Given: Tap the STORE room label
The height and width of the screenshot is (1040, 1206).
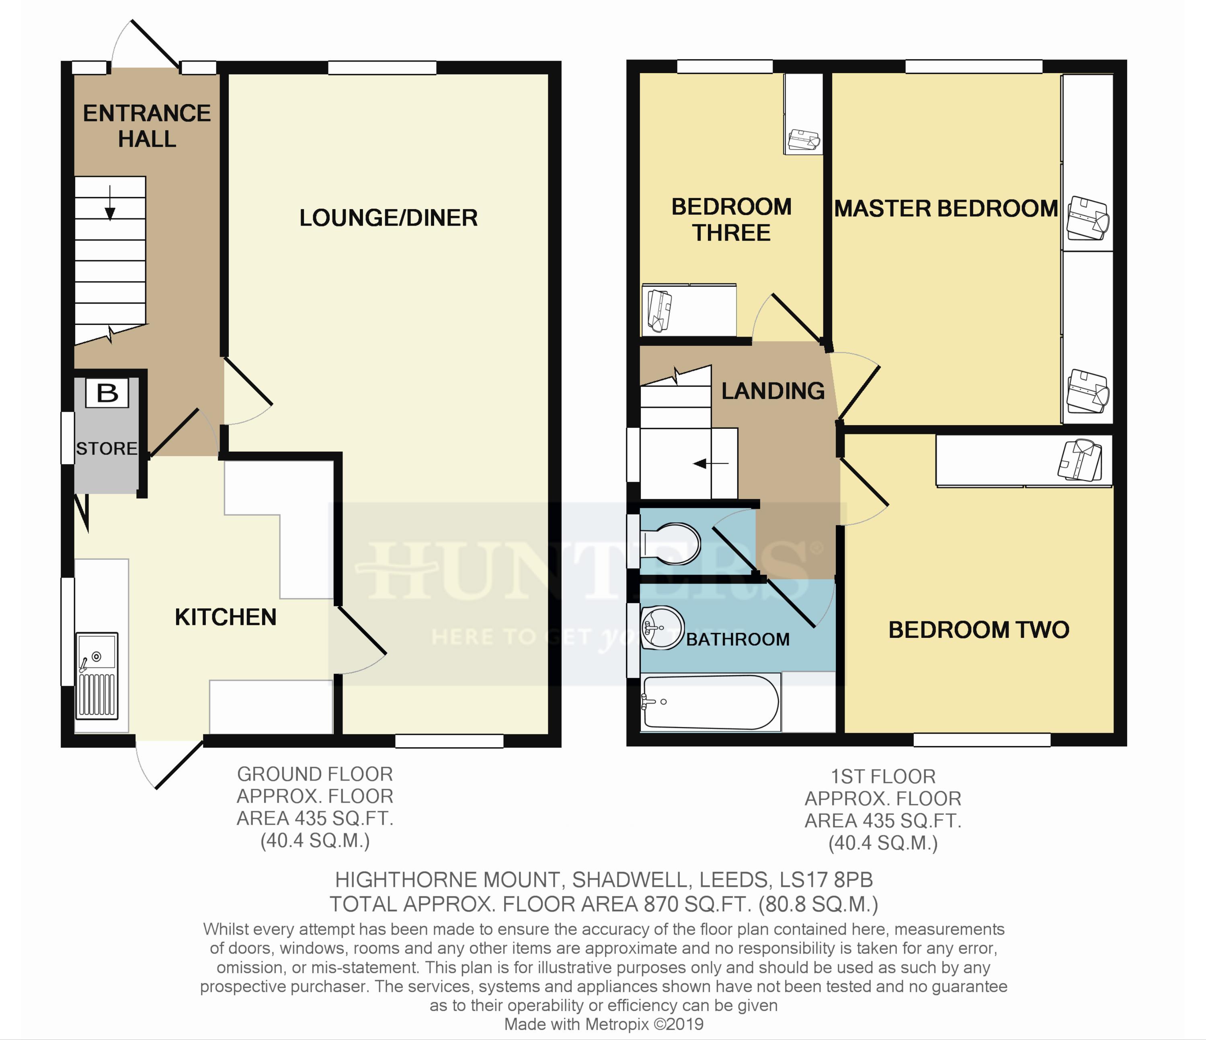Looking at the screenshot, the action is pos(107,448).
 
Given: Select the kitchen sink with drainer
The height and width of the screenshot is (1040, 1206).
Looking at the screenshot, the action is pos(97,676).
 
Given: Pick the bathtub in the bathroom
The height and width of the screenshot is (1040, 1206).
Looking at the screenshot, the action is pos(710,702).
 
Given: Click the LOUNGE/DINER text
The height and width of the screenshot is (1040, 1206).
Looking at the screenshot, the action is pos(388,218).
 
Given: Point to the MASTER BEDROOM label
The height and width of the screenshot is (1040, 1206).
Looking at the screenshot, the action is pos(946,208).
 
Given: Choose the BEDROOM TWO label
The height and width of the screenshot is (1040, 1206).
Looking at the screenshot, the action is pos(978,629).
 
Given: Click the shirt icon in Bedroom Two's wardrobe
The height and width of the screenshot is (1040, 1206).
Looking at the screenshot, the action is pos(1080,460).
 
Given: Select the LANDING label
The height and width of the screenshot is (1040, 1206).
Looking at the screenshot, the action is pos(773,391).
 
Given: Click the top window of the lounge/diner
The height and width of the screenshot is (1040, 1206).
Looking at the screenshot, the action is pos(382,68).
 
